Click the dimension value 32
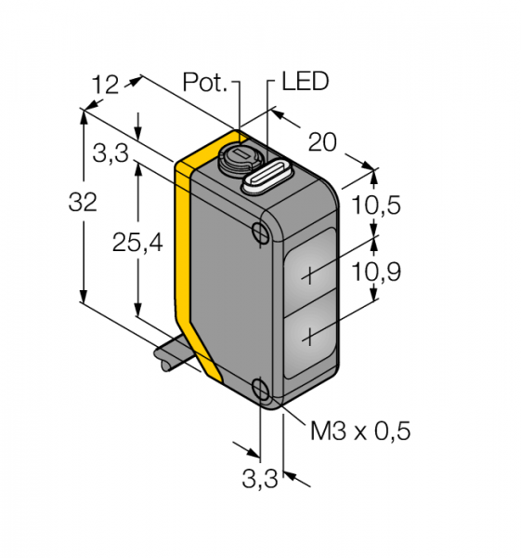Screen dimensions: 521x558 pos(83,202)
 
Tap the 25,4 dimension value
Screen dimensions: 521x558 pos(137,244)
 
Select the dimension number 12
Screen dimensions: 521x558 pos(105,85)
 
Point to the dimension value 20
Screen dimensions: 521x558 pos(322,142)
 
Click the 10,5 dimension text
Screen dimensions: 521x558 pos(376,205)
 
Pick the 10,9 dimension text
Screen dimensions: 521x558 pos(376,272)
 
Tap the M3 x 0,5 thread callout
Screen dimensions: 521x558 pos(360,431)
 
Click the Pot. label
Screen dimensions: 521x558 pos(204,82)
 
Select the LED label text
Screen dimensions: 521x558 pos(306,81)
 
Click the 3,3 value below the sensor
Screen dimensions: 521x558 pos(260,478)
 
